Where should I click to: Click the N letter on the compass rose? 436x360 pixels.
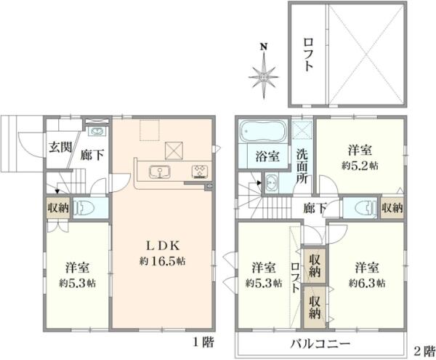(x=264, y=49)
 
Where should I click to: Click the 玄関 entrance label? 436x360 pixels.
(x=60, y=147)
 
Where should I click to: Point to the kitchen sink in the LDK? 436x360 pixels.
(x=159, y=172)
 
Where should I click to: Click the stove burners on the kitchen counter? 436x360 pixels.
(x=198, y=172)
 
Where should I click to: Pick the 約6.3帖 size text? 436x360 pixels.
(x=366, y=282)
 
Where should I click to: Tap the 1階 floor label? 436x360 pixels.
(x=203, y=343)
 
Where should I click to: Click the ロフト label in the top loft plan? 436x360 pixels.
(x=308, y=55)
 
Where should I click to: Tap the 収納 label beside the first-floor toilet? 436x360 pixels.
(x=58, y=208)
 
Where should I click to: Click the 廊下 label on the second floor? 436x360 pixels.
(x=315, y=208)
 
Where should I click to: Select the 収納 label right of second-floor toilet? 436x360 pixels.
(x=392, y=208)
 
